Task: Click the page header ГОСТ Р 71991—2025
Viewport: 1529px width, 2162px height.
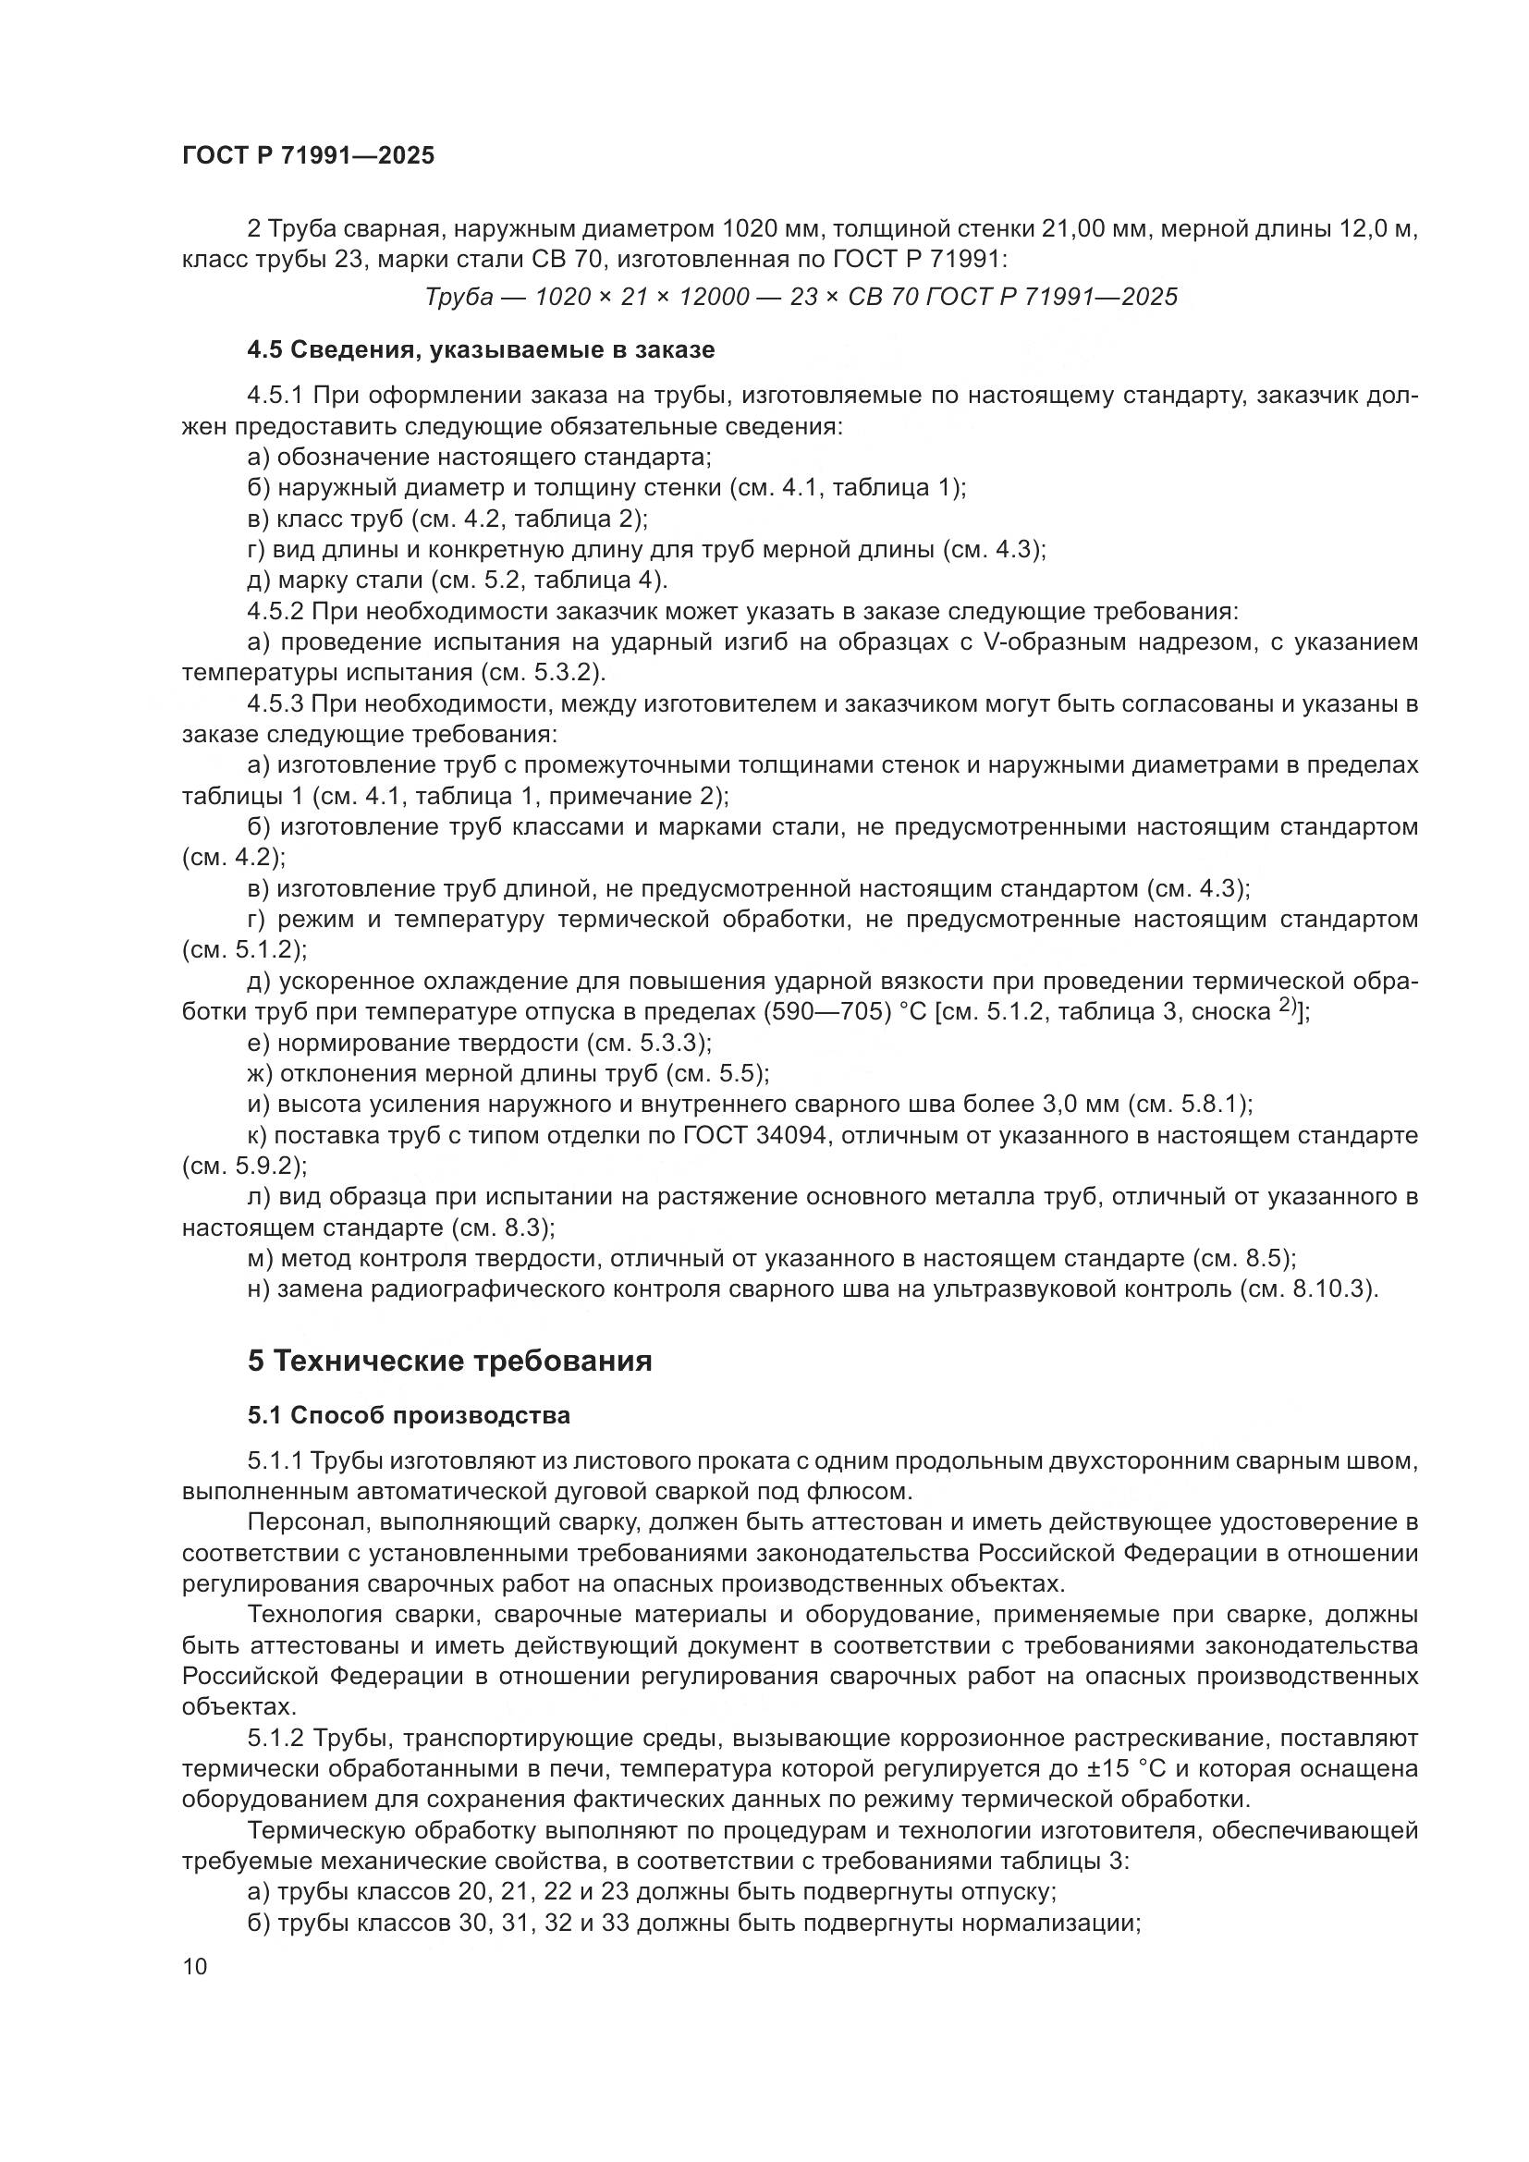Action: (308, 155)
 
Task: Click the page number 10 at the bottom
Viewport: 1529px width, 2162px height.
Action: (195, 1966)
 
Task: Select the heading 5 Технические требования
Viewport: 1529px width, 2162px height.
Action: (449, 1362)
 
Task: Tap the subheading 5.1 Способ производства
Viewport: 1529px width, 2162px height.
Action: (409, 1415)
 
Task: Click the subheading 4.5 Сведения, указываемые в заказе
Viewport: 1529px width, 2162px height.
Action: (480, 350)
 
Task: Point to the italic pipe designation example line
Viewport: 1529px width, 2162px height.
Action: (801, 298)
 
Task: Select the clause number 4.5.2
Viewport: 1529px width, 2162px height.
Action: (275, 612)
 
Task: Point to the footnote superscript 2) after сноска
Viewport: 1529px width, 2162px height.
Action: (1289, 1008)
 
